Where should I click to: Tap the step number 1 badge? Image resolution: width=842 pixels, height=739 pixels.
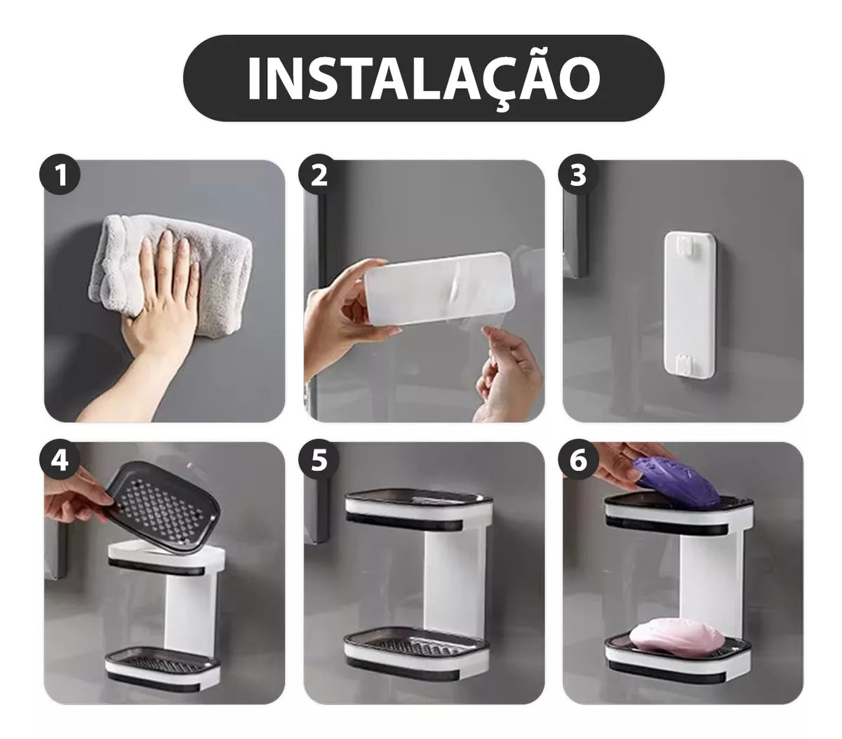(x=60, y=175)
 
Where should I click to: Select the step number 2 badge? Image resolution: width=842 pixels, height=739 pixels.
(x=319, y=175)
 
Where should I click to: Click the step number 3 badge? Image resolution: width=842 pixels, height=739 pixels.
(x=578, y=175)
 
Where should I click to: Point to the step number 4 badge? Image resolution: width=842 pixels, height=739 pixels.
(x=60, y=460)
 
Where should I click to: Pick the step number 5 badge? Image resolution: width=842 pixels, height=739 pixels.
(x=319, y=460)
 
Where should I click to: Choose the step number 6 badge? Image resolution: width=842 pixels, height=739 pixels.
(x=578, y=460)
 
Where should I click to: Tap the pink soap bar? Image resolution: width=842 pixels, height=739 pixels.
(x=676, y=635)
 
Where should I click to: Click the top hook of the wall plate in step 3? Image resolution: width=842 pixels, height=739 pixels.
(x=687, y=246)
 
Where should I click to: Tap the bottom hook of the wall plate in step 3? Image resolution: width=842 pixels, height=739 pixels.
(x=686, y=363)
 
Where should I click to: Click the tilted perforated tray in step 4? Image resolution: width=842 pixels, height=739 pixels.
(x=163, y=508)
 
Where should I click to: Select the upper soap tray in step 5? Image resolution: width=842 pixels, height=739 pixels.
(x=417, y=510)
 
